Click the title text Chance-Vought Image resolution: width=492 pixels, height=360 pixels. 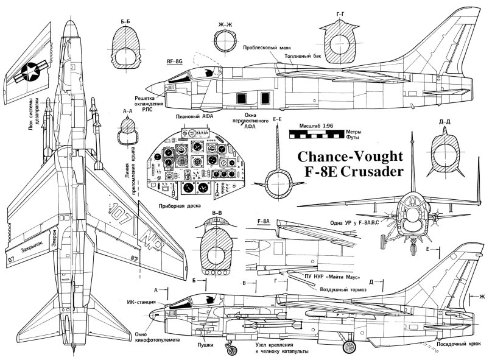coord(351,155)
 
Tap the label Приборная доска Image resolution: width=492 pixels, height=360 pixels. coord(177,206)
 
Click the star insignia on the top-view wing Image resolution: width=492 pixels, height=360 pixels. coord(27,74)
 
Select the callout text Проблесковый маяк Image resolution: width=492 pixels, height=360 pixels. coord(266,47)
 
